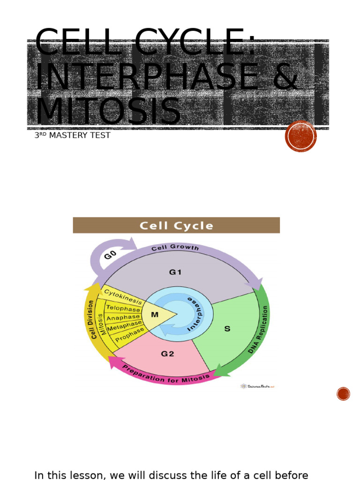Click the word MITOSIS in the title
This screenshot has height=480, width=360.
click(x=108, y=112)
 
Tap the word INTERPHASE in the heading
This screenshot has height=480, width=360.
click(x=146, y=77)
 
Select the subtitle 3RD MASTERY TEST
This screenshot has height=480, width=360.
click(x=72, y=135)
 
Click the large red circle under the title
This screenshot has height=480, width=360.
click(x=301, y=136)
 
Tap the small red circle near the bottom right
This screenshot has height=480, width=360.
click(x=343, y=394)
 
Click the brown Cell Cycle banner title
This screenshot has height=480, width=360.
click(x=176, y=225)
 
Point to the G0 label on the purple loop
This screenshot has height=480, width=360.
click(x=110, y=255)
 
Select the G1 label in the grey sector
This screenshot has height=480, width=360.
click(x=175, y=272)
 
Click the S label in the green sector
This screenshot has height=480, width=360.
click(x=227, y=329)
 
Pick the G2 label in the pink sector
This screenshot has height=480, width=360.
click(x=167, y=354)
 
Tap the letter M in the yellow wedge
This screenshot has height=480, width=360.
click(x=155, y=315)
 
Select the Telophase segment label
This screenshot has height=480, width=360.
click(x=123, y=308)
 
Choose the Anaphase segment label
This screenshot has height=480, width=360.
click(x=123, y=318)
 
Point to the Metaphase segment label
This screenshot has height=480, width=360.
click(x=124, y=326)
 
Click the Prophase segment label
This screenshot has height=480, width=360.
click(x=130, y=335)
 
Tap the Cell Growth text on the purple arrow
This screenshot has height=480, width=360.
click(x=175, y=247)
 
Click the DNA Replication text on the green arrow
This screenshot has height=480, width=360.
click(x=259, y=329)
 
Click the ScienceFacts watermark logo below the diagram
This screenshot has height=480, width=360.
click(x=257, y=386)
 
